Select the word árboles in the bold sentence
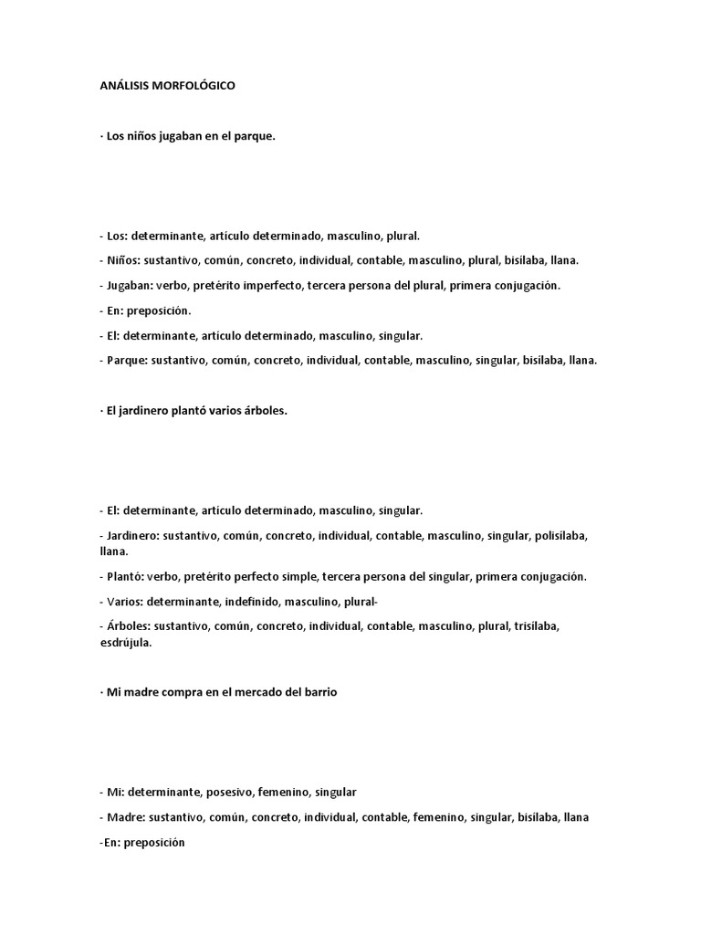pos(263,411)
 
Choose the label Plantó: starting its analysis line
pos(123,577)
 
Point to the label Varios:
pos(123,603)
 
